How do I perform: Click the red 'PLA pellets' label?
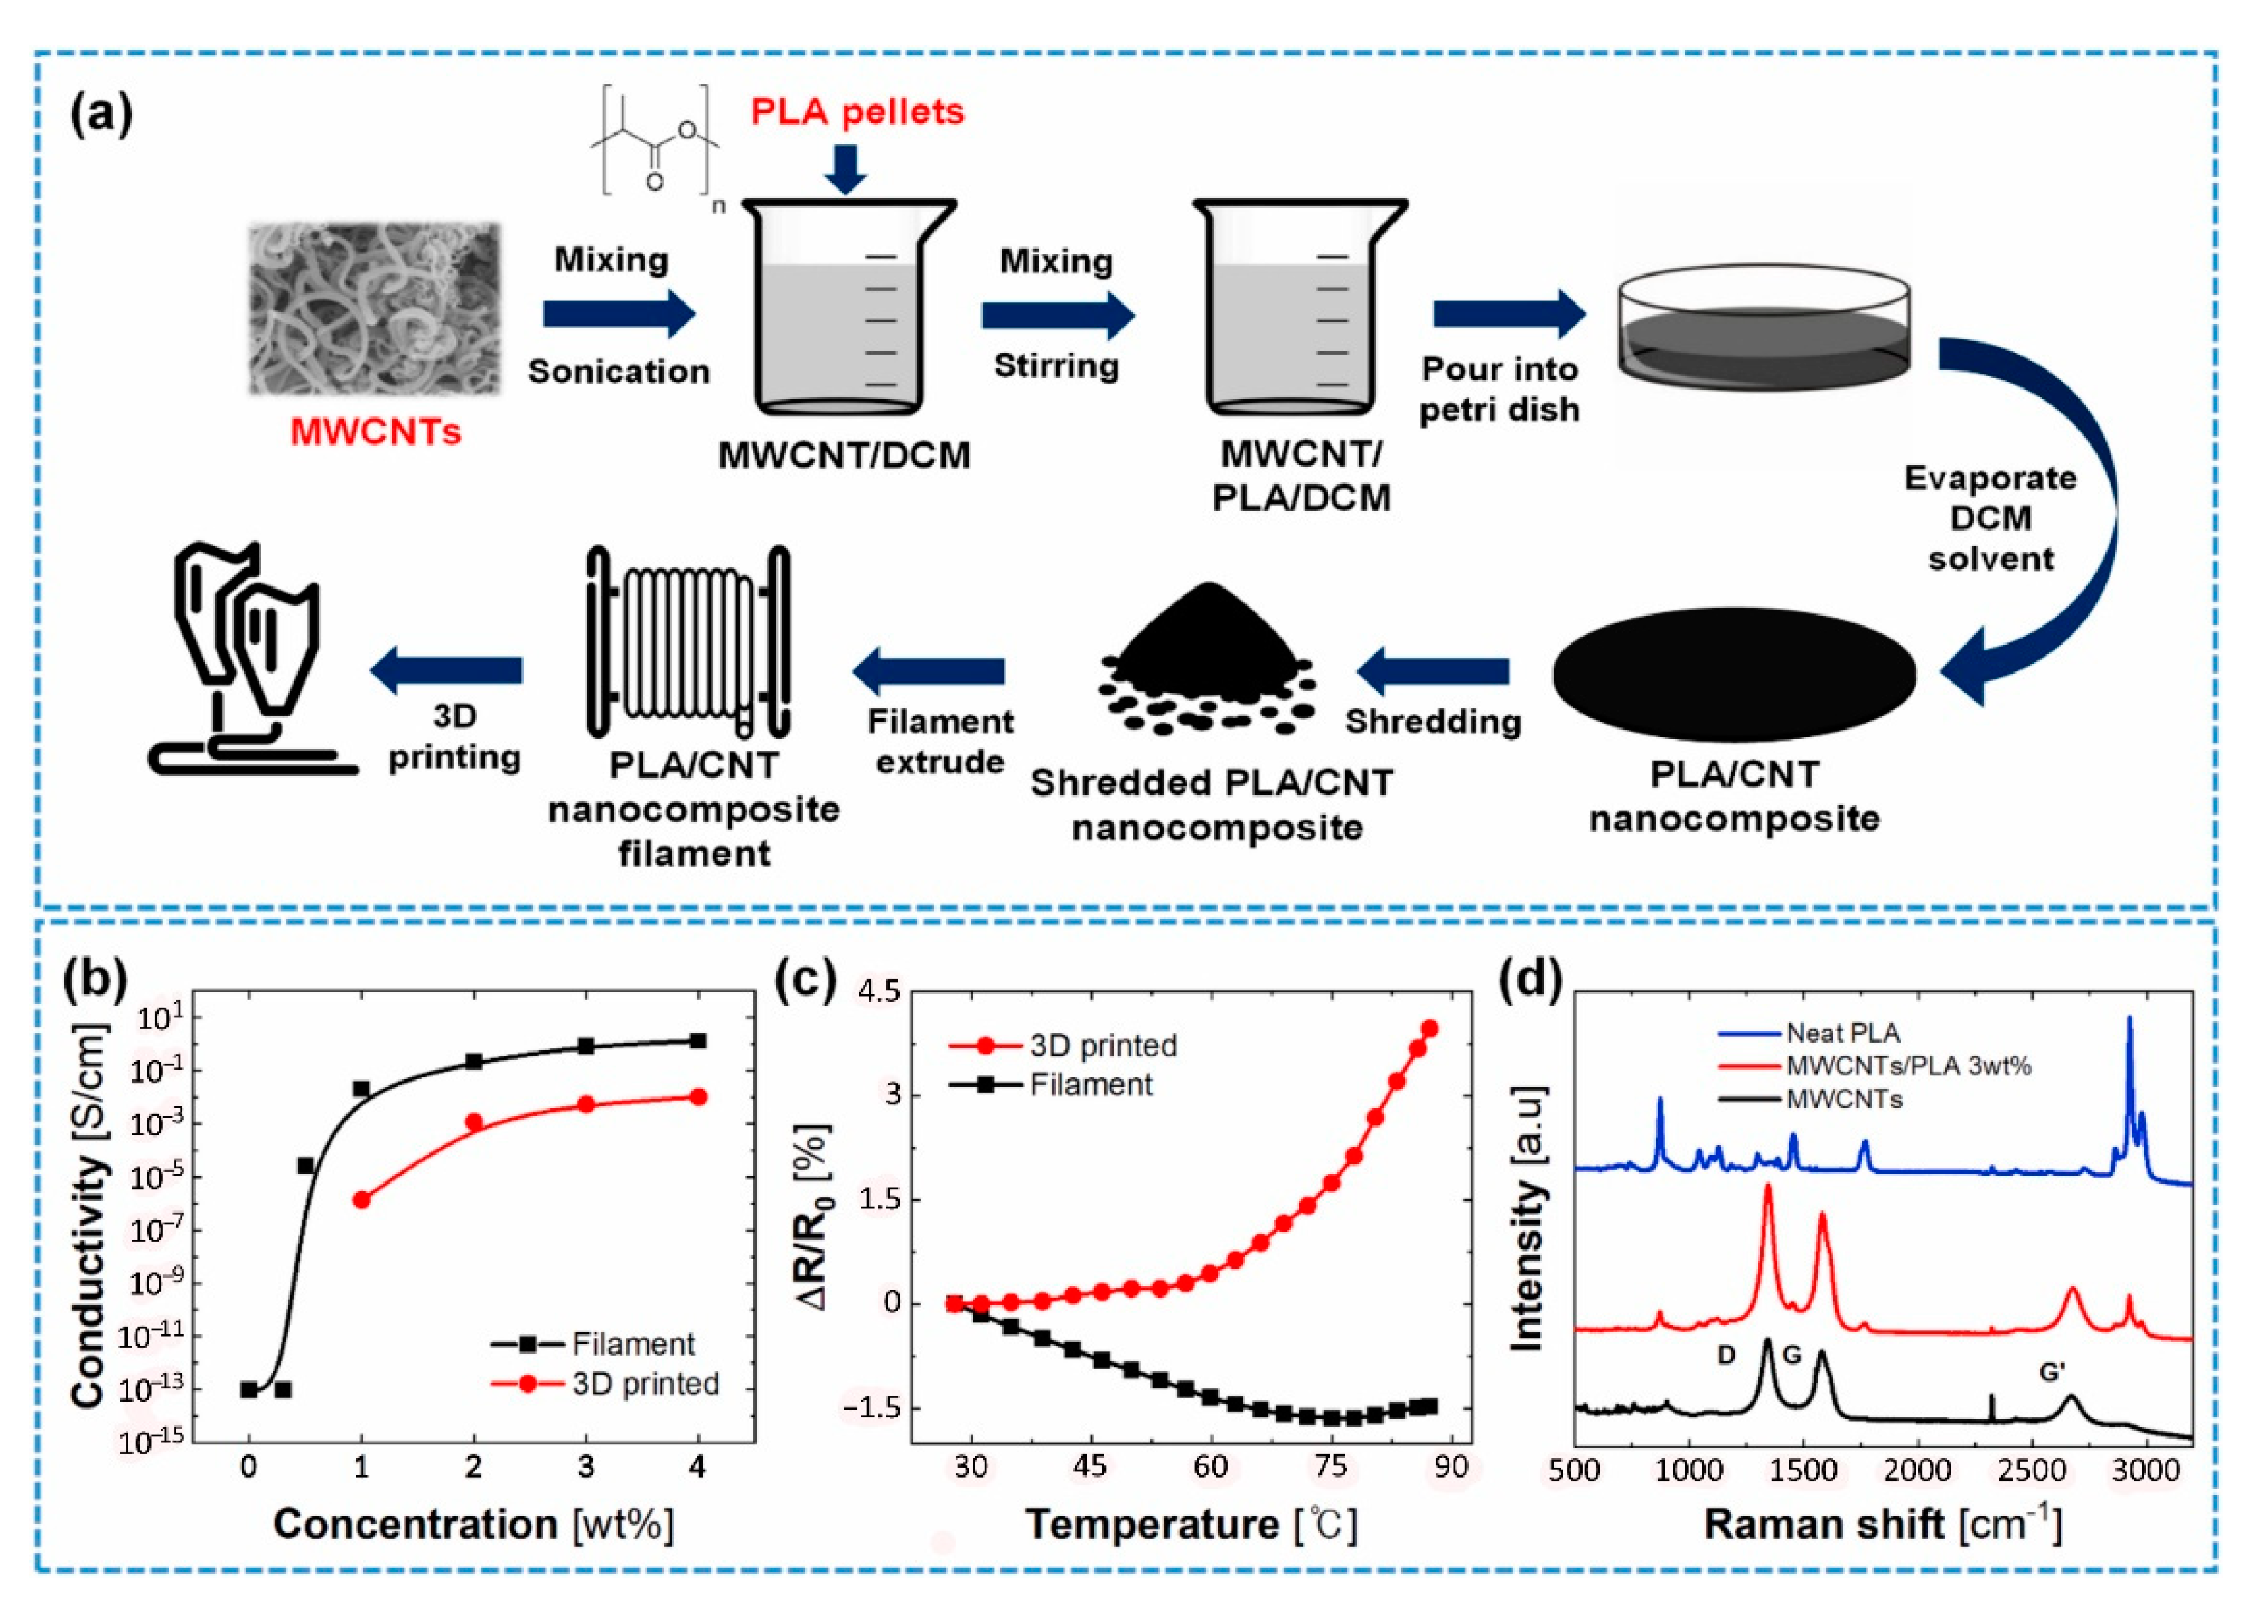[x=856, y=112]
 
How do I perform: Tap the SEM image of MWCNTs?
[x=375, y=307]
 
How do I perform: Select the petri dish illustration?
[x=1763, y=326]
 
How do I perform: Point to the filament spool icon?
[x=688, y=642]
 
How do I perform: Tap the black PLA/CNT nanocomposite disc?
[x=1734, y=675]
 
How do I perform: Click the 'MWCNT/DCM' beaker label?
[x=844, y=455]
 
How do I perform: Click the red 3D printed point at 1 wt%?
[x=362, y=1200]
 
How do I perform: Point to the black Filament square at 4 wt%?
[x=698, y=1040]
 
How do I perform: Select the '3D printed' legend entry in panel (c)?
[x=1063, y=1045]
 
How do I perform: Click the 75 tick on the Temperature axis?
[x=1331, y=1467]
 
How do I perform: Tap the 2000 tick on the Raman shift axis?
[x=1916, y=1470]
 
